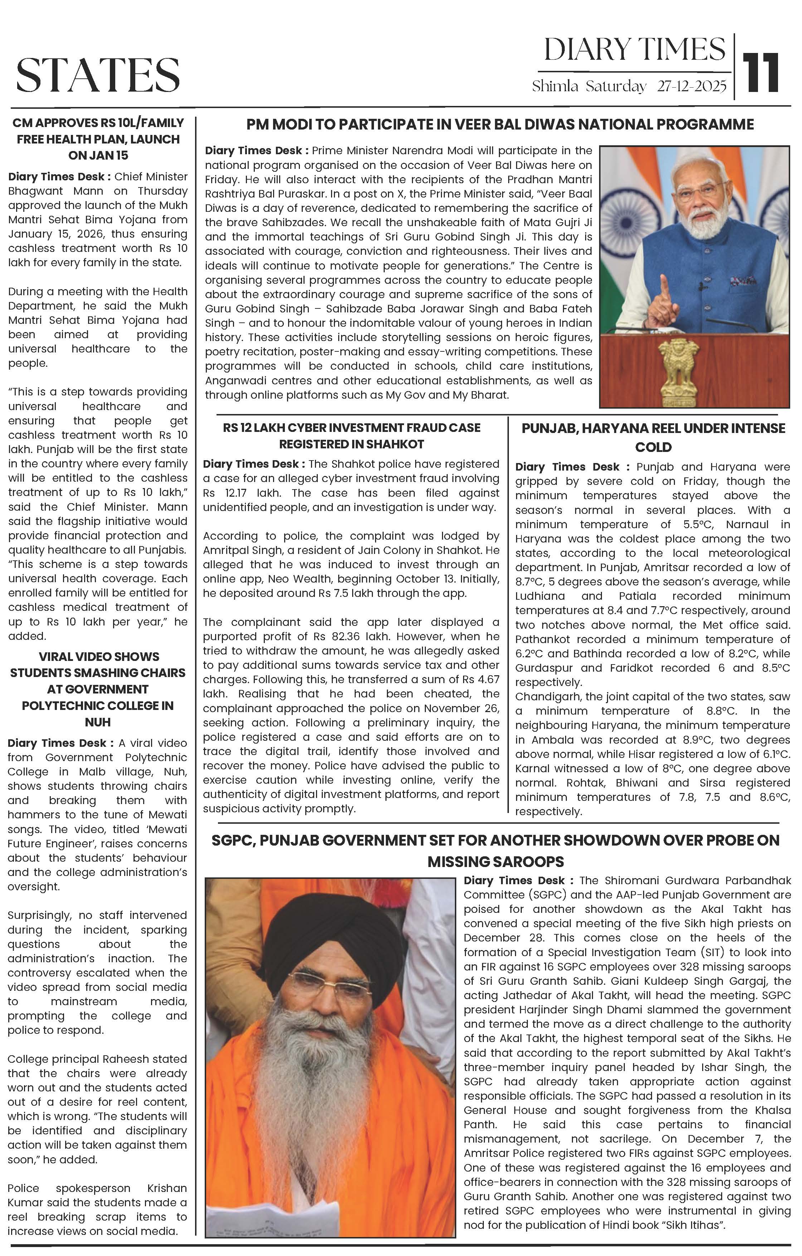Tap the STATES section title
(98, 74)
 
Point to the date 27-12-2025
(691, 86)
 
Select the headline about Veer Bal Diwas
(500, 124)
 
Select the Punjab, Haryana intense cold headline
(653, 437)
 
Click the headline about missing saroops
(495, 850)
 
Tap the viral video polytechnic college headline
(98, 689)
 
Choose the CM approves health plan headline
(98, 139)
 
